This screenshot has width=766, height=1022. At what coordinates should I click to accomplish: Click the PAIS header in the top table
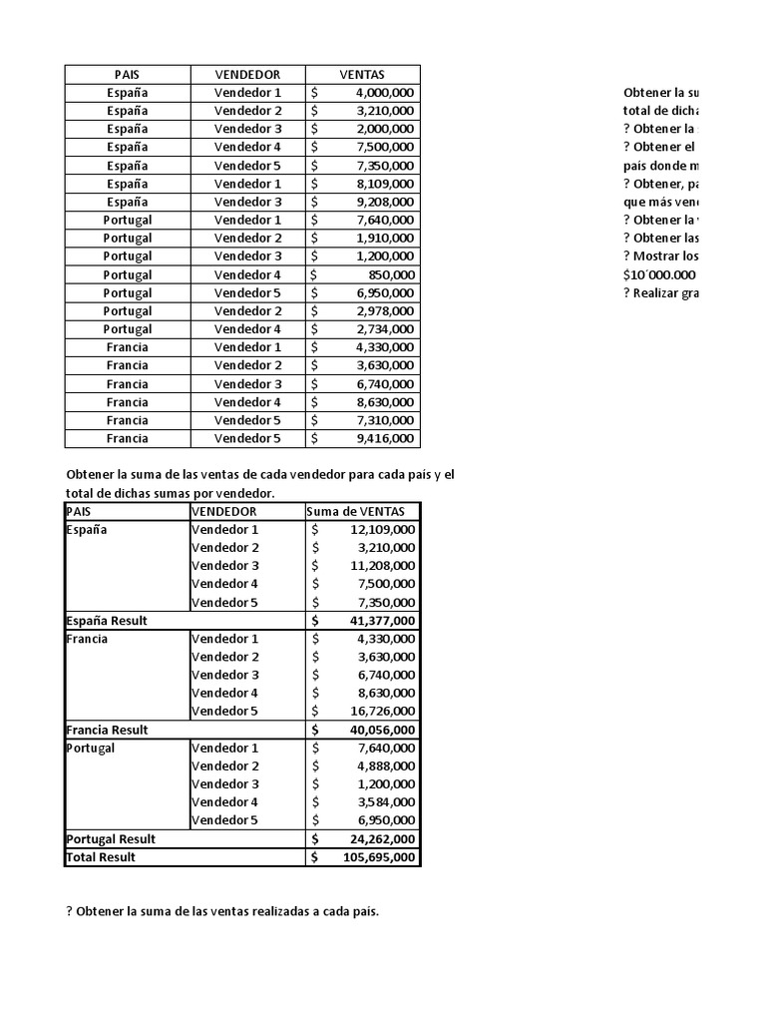click(127, 75)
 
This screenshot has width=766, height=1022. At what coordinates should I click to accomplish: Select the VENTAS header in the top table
click(362, 75)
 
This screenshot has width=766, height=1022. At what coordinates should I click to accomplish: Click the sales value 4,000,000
click(384, 93)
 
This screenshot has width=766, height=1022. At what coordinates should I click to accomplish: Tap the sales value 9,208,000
click(384, 202)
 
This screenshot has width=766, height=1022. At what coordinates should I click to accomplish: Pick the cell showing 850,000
click(392, 274)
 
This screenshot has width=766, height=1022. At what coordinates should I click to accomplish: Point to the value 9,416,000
click(384, 438)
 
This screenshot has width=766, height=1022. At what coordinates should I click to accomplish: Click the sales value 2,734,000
click(384, 329)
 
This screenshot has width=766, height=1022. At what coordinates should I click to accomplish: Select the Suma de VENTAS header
click(356, 511)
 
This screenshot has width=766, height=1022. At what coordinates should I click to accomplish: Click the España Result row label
click(106, 621)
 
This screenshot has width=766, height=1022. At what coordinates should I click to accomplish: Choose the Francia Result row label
click(106, 730)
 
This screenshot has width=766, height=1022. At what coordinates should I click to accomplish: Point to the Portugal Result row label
click(110, 839)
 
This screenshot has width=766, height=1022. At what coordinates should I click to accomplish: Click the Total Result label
click(100, 857)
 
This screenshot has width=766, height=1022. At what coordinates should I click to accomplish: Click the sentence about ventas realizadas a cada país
click(222, 912)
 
